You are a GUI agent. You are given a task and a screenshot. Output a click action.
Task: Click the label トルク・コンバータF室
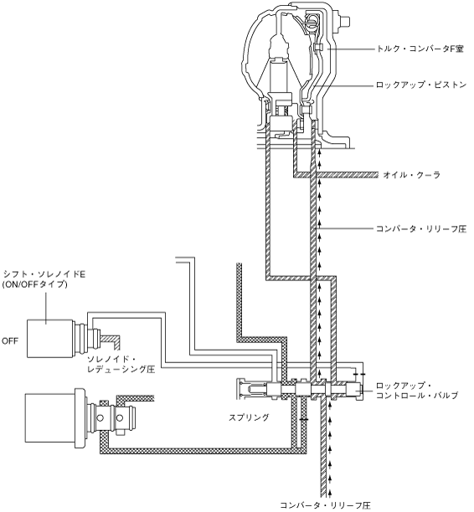click(x=420, y=49)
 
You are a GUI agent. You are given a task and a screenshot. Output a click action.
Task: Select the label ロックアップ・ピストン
click(x=421, y=85)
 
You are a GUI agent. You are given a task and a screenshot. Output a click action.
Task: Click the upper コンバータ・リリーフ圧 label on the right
click(x=421, y=228)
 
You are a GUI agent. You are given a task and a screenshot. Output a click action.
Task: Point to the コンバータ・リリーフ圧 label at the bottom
click(x=326, y=505)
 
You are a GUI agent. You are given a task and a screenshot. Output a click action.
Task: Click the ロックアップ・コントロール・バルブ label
click(x=417, y=390)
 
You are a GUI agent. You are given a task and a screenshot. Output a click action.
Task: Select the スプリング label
click(x=249, y=417)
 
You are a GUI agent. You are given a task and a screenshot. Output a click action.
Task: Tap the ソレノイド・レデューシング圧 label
click(x=121, y=364)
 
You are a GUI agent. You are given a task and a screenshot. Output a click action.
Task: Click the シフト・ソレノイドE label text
click(x=44, y=274)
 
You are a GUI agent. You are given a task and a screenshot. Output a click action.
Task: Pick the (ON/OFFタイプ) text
click(x=34, y=284)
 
